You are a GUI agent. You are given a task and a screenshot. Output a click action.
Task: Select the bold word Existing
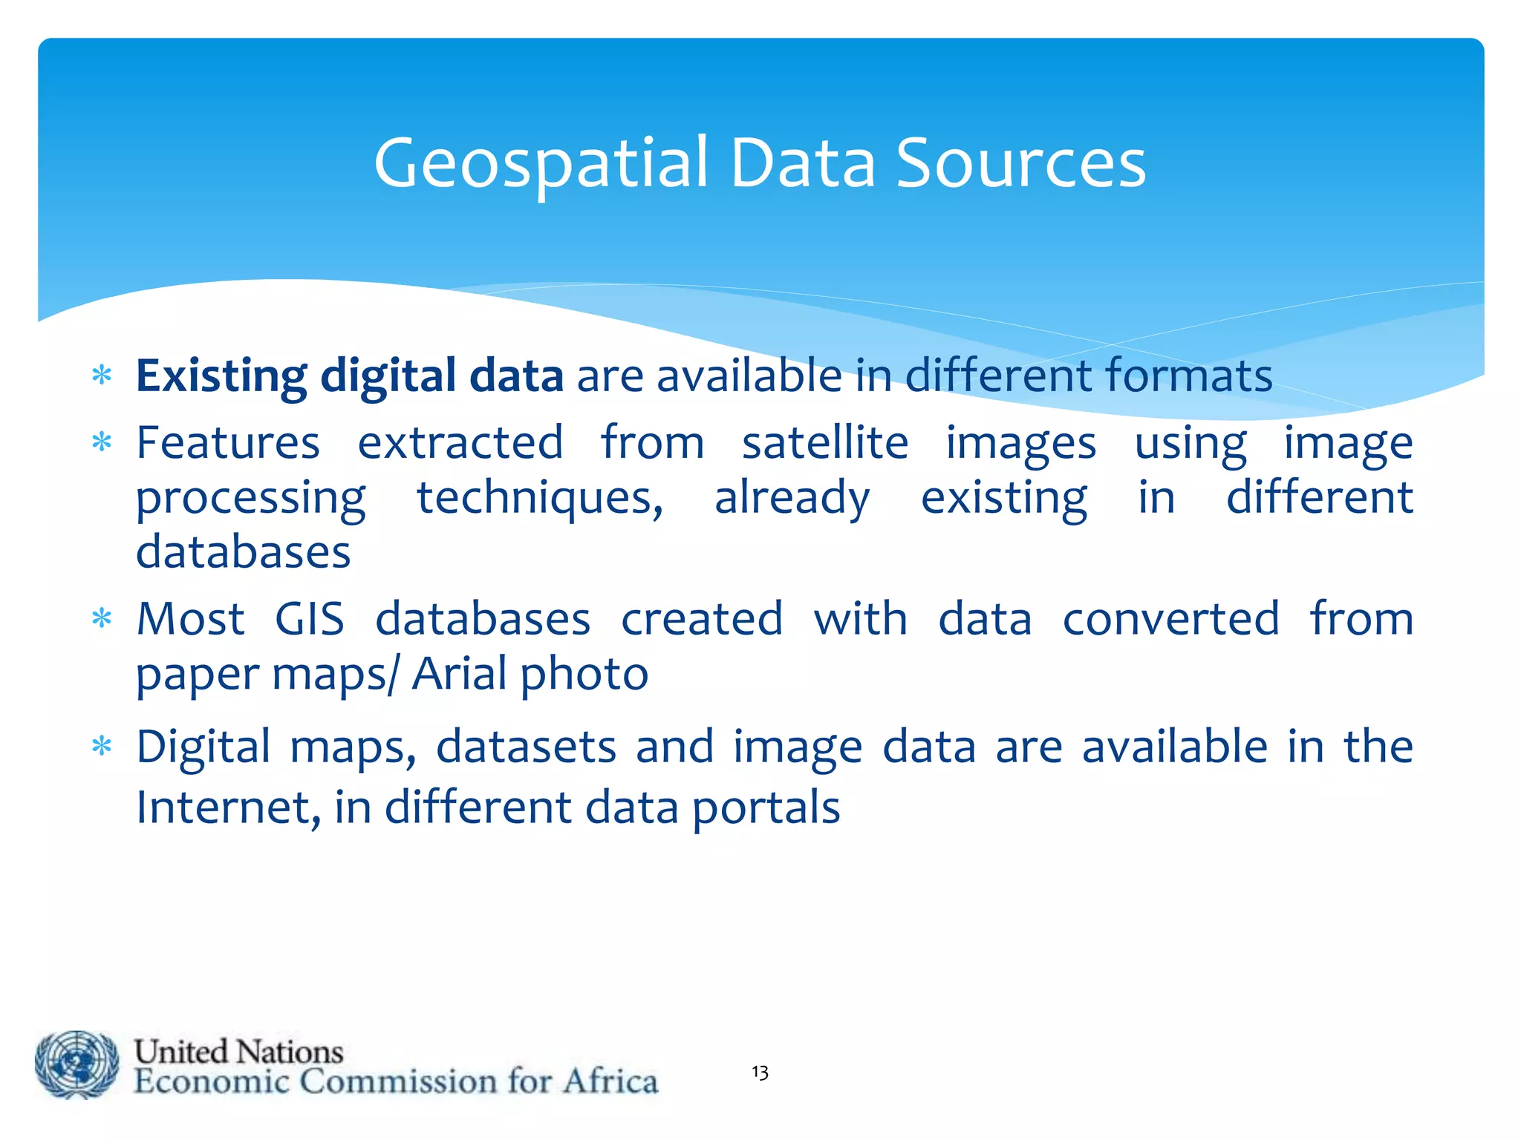221,376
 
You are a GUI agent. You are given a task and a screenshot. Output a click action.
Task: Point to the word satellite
825,443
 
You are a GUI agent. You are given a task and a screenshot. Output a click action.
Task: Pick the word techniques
540,497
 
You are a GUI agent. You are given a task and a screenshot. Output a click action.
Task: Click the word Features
228,443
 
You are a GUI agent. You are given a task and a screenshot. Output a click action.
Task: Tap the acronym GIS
310,618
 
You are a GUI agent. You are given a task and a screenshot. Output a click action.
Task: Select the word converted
1171,618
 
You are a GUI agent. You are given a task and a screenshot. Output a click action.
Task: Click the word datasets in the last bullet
526,747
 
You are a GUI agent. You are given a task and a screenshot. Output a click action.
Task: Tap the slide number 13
760,1072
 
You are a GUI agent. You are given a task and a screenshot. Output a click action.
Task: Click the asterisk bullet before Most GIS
102,617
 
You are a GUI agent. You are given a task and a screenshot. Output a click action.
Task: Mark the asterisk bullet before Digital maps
102,745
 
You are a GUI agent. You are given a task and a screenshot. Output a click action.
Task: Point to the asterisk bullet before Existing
102,375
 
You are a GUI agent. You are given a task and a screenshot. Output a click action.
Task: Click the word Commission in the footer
399,1081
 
